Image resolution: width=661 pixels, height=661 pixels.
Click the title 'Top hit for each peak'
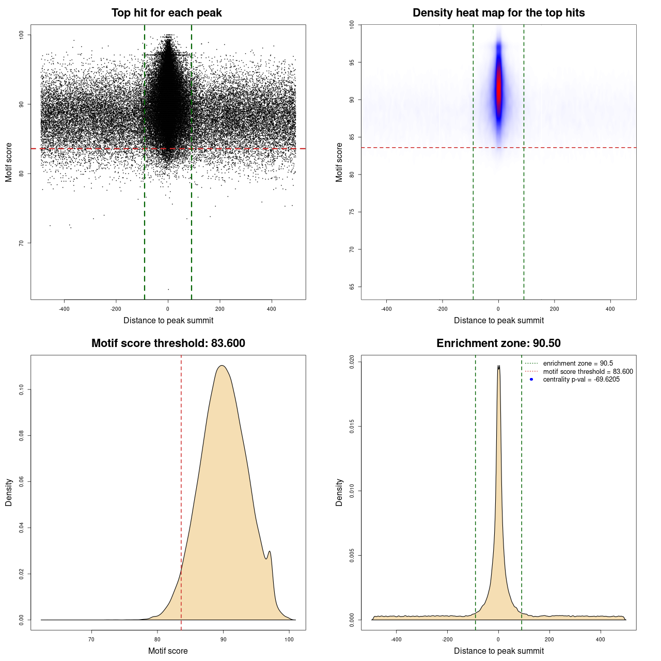166,13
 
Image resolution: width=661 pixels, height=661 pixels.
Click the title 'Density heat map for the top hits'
498,13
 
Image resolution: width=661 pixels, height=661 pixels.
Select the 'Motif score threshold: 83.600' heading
168,343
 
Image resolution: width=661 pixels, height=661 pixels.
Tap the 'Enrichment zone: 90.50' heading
498,343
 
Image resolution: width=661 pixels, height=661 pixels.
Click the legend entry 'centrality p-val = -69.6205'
581,380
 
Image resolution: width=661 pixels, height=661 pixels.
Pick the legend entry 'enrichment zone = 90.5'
578,364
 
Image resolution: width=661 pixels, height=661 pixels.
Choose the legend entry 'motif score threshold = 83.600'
588,372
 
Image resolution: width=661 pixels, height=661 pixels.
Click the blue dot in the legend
531,380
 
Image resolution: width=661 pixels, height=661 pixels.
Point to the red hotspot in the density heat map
499,88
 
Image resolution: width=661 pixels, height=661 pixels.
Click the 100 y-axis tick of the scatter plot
21,35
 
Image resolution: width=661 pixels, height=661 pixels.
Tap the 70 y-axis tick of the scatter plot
21,243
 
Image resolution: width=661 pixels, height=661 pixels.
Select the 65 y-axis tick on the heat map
352,287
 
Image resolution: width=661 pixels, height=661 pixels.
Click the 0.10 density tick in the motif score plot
21,389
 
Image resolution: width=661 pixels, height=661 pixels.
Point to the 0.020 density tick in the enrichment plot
352,361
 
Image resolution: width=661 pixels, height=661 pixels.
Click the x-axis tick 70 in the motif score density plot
92,639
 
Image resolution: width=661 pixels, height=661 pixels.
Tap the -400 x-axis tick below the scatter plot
64,309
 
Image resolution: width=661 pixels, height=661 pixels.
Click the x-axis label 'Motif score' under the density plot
168,651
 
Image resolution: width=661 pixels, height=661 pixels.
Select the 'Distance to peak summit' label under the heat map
498,320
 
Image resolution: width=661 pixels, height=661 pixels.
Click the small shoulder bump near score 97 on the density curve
270,552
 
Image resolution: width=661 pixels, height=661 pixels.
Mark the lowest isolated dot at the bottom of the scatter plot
168,289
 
